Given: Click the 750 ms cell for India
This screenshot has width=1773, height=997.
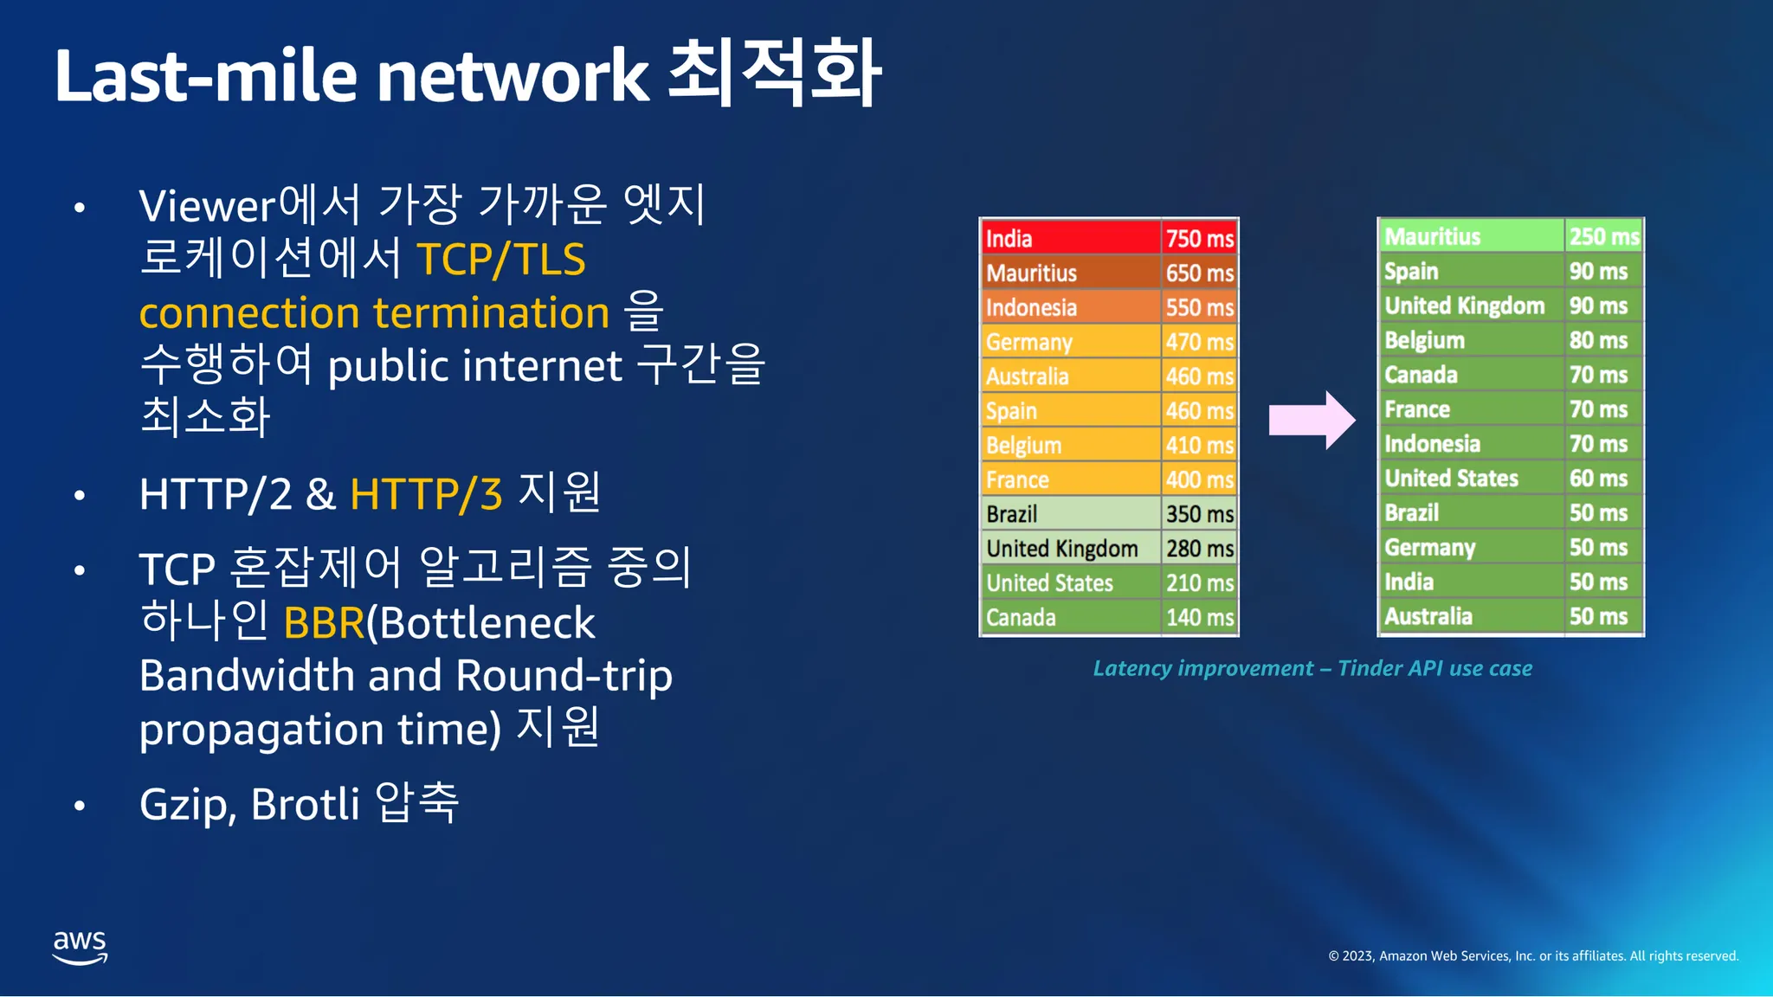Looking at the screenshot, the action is click(1199, 238).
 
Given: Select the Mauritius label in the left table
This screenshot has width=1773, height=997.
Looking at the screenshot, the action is click(1031, 273).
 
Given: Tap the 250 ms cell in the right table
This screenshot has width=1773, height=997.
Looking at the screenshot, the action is click(1603, 236).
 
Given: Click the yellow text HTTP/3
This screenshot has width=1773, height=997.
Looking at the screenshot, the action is click(426, 494).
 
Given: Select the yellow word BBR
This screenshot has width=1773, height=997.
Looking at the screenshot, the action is click(324, 623).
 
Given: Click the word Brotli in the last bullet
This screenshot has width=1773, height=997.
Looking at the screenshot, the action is click(305, 804).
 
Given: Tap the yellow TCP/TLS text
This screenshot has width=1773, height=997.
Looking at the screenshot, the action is click(501, 260).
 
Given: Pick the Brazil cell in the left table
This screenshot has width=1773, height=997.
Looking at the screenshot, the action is click(1012, 514).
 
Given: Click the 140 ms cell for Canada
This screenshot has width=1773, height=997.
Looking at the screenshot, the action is click(1199, 617).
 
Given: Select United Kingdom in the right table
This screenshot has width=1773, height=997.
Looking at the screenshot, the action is click(1464, 306).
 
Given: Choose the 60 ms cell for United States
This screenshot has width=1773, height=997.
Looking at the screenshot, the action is click(1598, 478).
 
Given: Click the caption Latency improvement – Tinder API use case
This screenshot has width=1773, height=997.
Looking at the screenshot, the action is click(1312, 668).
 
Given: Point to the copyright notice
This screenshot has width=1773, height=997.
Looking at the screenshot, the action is click(1533, 955).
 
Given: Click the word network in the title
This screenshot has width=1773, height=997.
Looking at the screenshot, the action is click(512, 76).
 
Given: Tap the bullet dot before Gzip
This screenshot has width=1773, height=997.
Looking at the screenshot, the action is click(80, 806).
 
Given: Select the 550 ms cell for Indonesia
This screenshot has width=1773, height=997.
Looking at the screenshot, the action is click(1199, 307).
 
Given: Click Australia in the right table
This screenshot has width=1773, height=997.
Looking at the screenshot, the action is click(1428, 616).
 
